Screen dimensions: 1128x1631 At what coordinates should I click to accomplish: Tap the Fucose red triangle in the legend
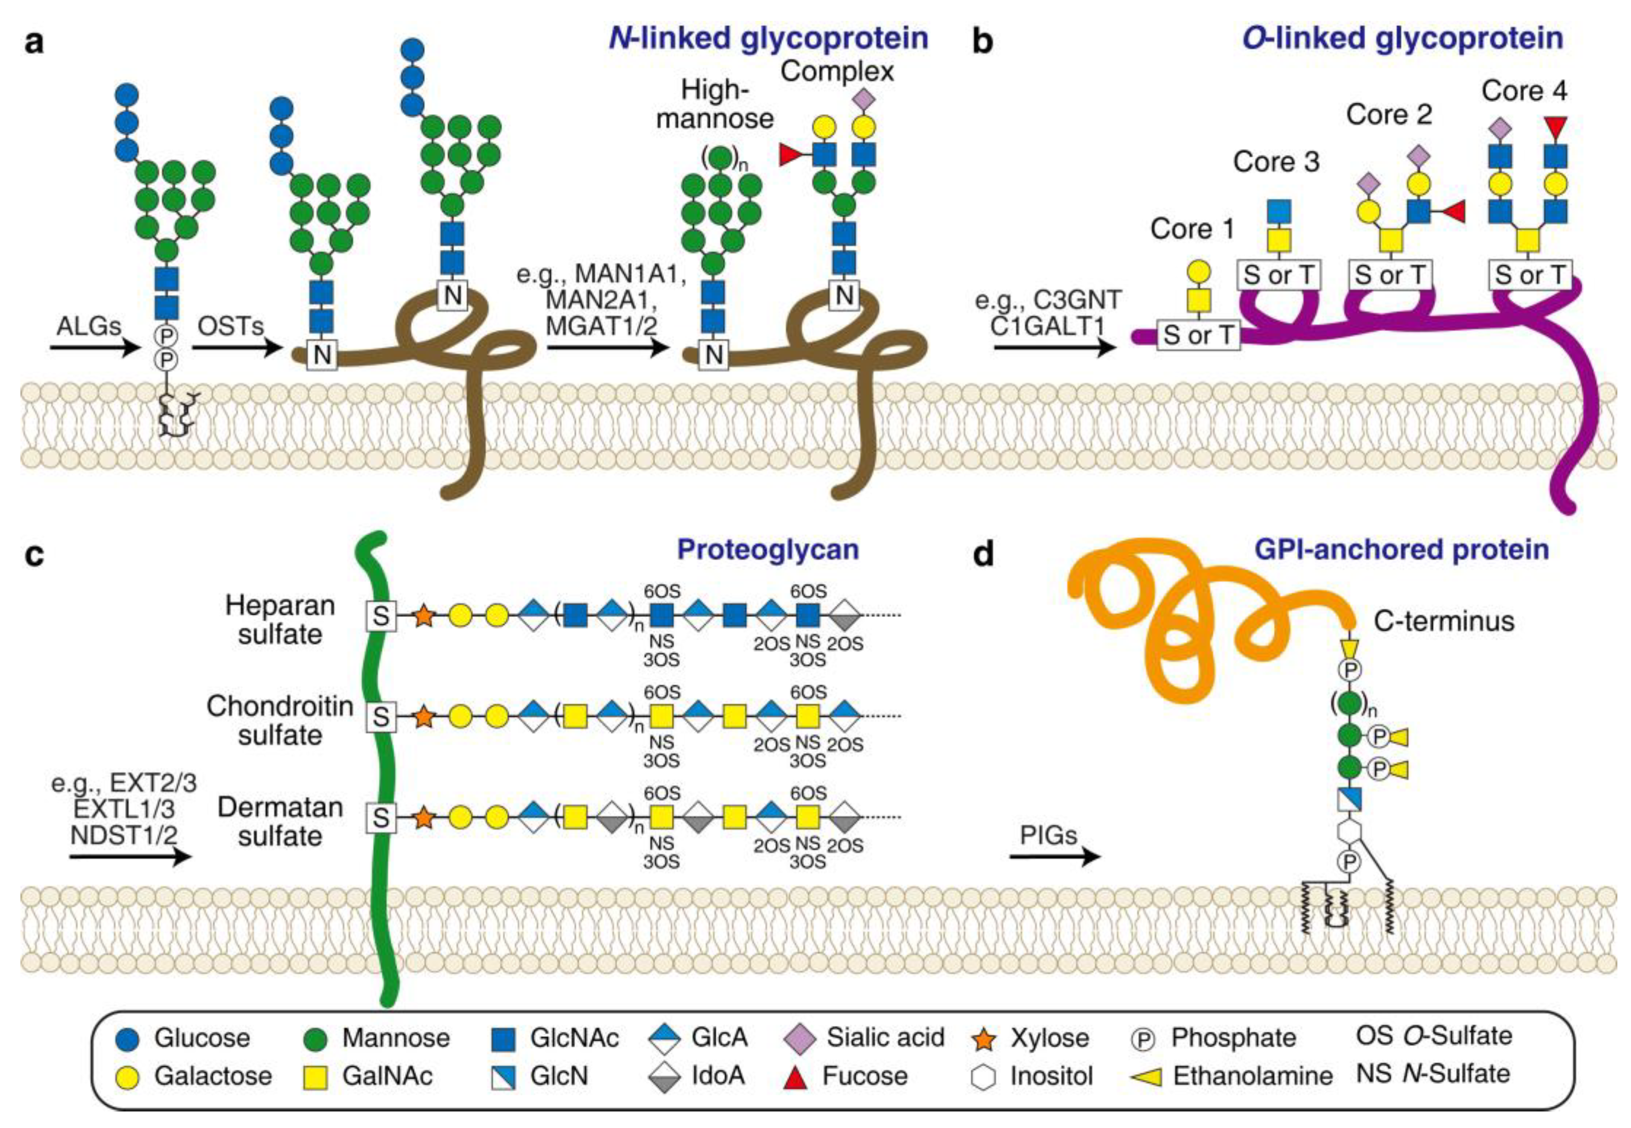point(797,1077)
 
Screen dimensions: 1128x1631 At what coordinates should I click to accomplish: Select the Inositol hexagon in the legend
point(985,1077)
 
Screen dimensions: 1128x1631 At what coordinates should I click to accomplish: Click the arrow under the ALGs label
point(95,348)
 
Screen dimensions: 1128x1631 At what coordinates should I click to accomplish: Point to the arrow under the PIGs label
point(1054,856)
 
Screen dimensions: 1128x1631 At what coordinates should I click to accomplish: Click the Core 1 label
point(1191,229)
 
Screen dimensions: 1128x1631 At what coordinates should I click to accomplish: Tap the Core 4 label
point(1524,91)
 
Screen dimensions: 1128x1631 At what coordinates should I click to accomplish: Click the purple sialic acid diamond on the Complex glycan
point(864,100)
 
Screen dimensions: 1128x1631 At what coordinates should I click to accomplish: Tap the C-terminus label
point(1444,621)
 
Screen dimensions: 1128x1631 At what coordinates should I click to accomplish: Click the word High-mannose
point(714,104)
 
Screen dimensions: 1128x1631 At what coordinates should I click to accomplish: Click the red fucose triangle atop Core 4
point(1555,128)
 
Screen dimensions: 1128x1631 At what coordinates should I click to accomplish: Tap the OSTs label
point(230,326)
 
